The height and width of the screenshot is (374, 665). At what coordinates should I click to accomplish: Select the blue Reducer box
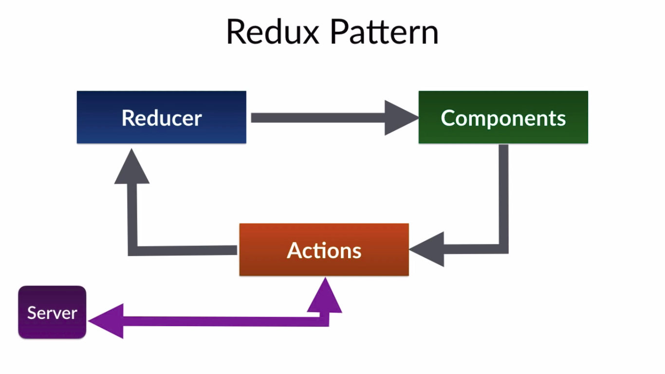click(x=161, y=117)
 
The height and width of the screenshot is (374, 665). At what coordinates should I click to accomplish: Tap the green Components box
click(x=503, y=117)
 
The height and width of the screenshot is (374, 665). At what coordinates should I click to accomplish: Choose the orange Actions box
click(x=324, y=250)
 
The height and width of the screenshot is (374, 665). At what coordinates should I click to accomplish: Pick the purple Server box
click(x=52, y=312)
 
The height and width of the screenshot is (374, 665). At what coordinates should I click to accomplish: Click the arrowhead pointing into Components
click(x=399, y=117)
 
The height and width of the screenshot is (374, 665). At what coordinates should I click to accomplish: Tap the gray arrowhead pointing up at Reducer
click(x=132, y=168)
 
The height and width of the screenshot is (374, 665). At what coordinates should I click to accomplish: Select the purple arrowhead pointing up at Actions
click(x=325, y=297)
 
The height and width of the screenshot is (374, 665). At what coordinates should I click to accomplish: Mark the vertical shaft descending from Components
click(x=504, y=195)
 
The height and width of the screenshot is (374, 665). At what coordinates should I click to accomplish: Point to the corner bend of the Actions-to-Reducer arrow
click(x=132, y=250)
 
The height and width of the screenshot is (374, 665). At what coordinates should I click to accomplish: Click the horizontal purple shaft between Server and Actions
click(x=219, y=321)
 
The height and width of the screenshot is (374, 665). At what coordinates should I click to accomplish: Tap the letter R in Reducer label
click(x=128, y=118)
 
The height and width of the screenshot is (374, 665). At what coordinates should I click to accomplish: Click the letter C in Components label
click(x=448, y=118)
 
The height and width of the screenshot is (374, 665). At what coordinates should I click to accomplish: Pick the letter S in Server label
click(x=32, y=313)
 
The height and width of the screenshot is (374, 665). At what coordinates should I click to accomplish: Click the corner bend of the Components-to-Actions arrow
click(x=504, y=249)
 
